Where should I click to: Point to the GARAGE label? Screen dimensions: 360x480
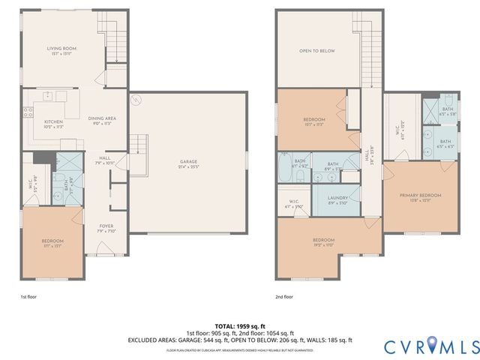coord(187,163)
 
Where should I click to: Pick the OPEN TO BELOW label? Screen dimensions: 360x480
coord(316,51)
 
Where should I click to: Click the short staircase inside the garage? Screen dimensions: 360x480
coord(137,144)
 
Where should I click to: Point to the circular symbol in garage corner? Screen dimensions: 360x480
coord(136,100)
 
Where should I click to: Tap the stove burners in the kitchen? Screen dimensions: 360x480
coord(28,113)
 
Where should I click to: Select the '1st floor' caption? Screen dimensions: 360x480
coord(28,297)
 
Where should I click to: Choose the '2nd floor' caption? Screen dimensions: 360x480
coord(285,297)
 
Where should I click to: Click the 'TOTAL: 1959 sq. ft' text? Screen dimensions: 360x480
coord(240,326)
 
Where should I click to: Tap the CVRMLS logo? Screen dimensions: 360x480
coord(431,346)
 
